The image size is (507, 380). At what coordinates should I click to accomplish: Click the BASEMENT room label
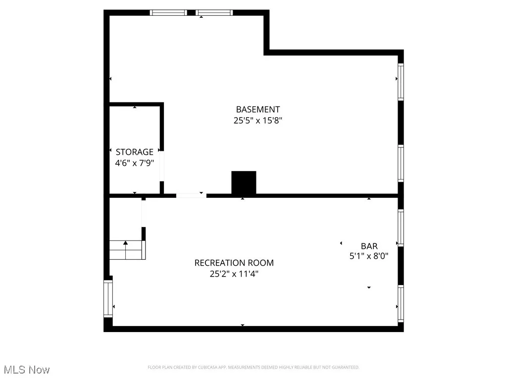257,109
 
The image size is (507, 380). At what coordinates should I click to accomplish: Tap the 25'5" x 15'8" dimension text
257,120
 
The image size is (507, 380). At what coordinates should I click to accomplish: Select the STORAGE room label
135,152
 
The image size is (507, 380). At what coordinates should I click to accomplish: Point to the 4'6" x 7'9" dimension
135,162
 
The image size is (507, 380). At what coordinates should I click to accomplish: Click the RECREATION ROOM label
234,263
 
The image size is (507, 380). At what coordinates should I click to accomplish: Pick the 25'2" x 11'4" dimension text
234,273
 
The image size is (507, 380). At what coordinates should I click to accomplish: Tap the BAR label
369,246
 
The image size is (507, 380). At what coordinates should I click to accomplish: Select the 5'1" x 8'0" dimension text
369,256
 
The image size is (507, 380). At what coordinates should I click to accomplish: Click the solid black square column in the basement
244,183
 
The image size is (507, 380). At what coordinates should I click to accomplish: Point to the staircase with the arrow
127,250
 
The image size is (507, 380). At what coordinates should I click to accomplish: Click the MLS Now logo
27,370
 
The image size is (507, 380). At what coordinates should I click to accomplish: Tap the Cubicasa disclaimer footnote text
253,367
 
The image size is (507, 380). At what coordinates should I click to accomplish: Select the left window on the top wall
168,13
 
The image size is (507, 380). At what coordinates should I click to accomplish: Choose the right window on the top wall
214,13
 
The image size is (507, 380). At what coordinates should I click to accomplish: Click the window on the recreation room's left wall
108,298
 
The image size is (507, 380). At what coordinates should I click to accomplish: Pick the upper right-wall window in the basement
401,82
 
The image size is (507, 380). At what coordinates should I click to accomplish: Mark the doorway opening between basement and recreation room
191,196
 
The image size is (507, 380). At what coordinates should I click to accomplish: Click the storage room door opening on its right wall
162,166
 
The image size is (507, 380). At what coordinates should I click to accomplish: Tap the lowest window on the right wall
401,304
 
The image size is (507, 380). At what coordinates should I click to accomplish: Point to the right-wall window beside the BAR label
401,228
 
